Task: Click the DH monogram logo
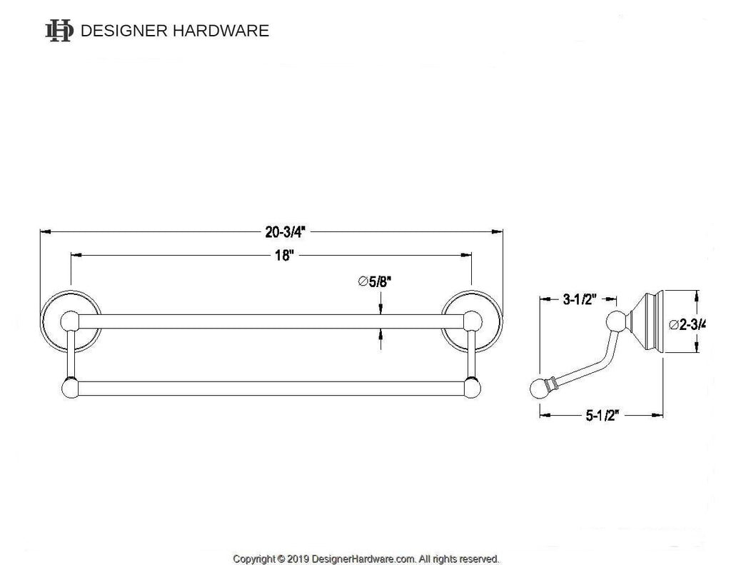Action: point(59,30)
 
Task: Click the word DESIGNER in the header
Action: point(124,31)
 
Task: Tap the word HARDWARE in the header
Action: point(221,31)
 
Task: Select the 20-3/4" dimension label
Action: point(286,232)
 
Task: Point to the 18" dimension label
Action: point(285,256)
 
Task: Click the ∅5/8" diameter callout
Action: point(374,281)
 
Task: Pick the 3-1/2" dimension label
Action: point(580,299)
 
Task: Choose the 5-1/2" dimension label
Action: point(602,415)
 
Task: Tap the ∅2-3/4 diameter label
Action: point(687,324)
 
